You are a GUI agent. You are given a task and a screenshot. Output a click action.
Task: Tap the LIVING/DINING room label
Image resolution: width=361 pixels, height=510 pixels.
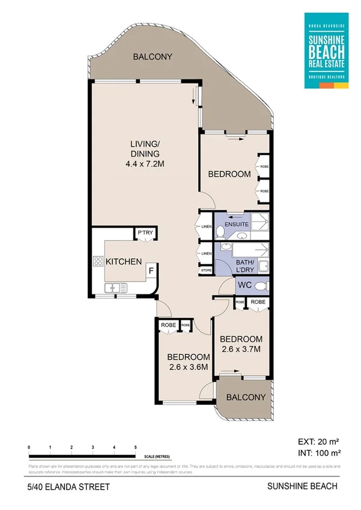click(146, 148)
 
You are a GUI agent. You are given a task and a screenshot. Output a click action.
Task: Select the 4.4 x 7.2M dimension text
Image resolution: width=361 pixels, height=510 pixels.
click(146, 163)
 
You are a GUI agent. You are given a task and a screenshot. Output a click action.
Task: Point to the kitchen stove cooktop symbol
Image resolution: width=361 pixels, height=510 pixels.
click(98, 261)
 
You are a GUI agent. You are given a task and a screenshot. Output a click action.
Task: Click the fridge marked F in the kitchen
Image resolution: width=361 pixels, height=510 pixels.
click(151, 272)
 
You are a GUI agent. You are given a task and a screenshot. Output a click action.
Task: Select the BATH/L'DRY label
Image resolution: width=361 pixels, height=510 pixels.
click(244, 265)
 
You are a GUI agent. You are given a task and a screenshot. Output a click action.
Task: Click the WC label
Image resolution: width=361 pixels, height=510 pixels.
click(244, 284)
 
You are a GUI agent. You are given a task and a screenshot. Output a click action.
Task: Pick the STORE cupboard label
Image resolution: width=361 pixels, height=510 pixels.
click(206, 270)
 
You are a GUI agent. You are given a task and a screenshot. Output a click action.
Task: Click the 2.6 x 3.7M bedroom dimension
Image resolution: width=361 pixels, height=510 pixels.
click(240, 348)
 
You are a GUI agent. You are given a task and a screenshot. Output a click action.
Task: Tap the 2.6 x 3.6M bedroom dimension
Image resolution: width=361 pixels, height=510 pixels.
click(187, 367)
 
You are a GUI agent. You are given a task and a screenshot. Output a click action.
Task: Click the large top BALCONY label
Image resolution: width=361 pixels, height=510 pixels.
click(153, 57)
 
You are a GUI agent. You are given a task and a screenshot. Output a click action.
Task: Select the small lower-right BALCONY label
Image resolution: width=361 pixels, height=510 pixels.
click(246, 398)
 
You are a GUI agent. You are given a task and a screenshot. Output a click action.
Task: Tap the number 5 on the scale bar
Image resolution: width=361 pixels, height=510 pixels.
click(135, 448)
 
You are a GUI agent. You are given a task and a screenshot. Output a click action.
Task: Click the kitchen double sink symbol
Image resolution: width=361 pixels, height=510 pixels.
click(118, 289)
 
